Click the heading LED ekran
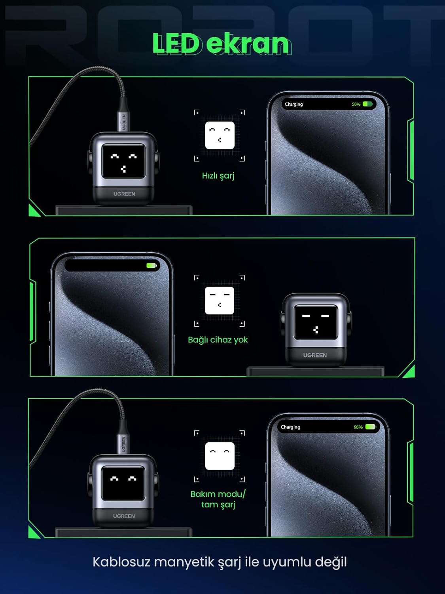tap(222, 43)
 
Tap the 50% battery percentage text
tap(356, 104)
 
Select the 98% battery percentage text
tap(358, 427)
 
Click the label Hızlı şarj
tap(218, 176)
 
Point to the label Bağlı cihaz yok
tap(218, 340)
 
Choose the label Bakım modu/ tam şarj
tap(218, 499)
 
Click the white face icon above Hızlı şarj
tap(220, 135)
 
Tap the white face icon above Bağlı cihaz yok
tap(220, 301)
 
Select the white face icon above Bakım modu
tap(220, 456)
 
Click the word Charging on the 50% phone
tap(294, 104)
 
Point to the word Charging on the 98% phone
tap(290, 427)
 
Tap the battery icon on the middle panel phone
tap(151, 265)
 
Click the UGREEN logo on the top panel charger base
tap(124, 194)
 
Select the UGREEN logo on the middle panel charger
tap(315, 355)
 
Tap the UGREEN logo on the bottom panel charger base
tap(124, 516)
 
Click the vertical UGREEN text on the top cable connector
tap(124, 122)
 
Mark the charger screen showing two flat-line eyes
tap(316, 323)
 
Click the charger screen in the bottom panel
tap(123, 483)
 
